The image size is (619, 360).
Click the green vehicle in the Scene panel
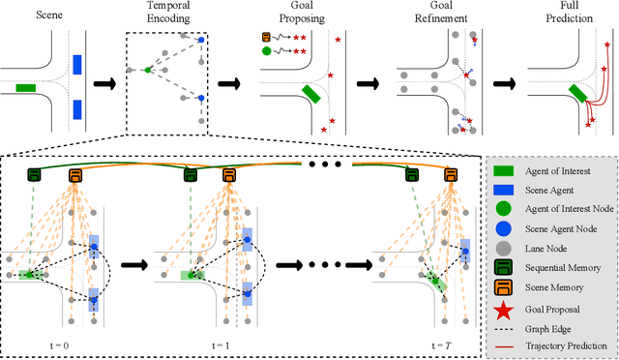click(x=27, y=88)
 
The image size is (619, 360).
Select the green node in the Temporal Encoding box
click(x=146, y=70)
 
